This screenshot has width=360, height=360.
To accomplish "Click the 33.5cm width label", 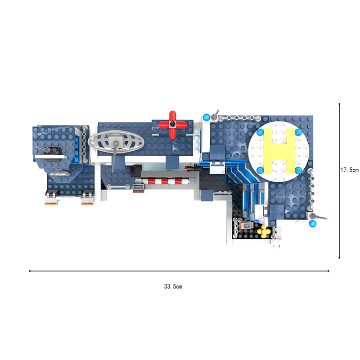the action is tap(173, 286).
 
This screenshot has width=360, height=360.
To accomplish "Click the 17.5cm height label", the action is tap(350, 170).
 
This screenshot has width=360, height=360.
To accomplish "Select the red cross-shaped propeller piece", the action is tap(172, 125).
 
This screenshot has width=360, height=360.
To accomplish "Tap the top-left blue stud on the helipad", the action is tap(260, 132).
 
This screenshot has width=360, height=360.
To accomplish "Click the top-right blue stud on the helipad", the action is tap(298, 132).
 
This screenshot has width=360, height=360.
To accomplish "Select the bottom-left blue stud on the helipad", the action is tap(260, 170).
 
